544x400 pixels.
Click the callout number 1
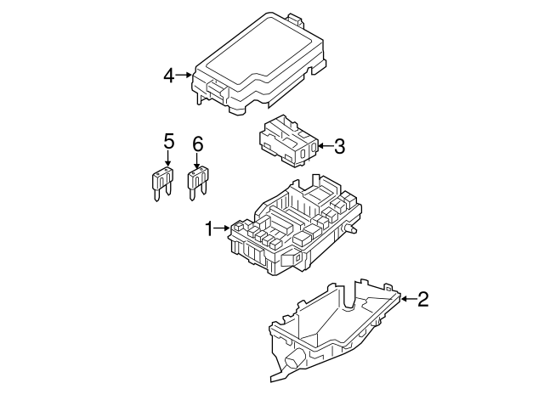point(209,228)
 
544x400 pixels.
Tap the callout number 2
point(423,299)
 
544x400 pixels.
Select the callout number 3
point(339,146)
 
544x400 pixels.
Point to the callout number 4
point(169,76)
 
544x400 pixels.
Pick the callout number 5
point(168,142)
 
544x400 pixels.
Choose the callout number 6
point(197,144)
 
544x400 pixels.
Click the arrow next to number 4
point(184,75)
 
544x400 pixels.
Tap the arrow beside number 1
point(222,228)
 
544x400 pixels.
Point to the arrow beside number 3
point(326,146)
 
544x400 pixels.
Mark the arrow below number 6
point(197,161)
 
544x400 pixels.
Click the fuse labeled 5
point(162,183)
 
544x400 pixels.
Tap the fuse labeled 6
point(198,183)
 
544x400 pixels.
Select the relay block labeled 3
point(288,142)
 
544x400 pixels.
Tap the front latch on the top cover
point(218,91)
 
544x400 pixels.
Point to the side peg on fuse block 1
point(350,228)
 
